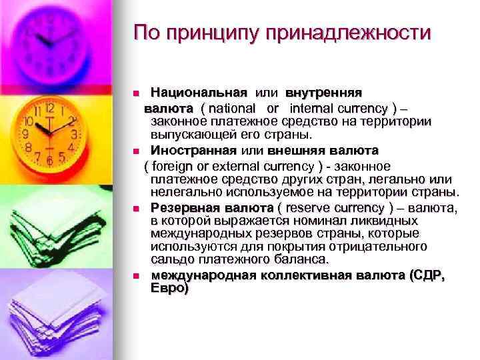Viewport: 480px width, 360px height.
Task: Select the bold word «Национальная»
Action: pyautogui.click(x=199, y=91)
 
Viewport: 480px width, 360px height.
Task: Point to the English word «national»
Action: pyautogui.click(x=236, y=107)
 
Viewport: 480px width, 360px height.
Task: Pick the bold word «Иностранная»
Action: pyautogui.click(x=194, y=150)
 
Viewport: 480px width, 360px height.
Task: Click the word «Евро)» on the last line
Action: pyautogui.click(x=170, y=289)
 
